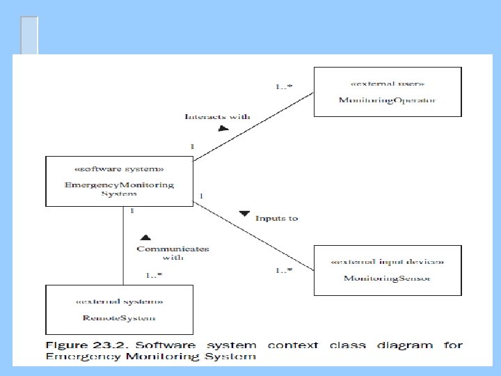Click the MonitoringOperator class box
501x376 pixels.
coord(388,91)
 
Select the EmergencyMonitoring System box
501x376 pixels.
coord(118,181)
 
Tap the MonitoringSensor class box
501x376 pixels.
coord(388,269)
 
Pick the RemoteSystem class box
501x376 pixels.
coord(120,308)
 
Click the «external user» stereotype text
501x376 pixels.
coord(388,84)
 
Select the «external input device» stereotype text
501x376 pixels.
coord(388,262)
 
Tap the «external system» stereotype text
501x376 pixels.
coord(120,301)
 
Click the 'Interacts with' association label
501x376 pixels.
coord(217,117)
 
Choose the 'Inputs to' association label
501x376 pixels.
coord(276,218)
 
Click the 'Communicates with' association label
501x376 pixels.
coord(173,253)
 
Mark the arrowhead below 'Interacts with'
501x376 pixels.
coord(222,129)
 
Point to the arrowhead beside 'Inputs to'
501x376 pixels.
coord(244,213)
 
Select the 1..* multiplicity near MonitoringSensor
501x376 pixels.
coord(283,270)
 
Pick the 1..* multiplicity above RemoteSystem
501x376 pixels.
coord(154,275)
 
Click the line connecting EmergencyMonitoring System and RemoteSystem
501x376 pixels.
coord(124,244)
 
